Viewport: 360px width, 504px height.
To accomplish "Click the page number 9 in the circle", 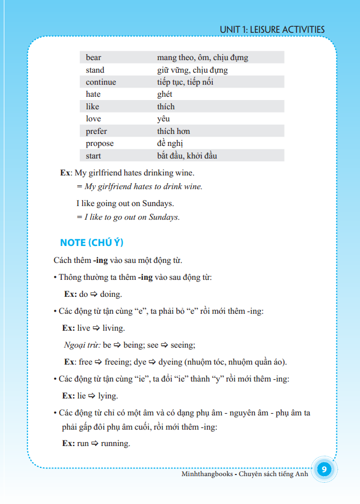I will [x=324, y=470].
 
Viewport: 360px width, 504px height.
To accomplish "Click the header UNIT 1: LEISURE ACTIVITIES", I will [x=272, y=30].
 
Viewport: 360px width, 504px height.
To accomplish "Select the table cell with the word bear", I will [x=94, y=57].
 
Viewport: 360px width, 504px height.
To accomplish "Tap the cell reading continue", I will [x=101, y=82].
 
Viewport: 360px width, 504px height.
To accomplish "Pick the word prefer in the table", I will [x=96, y=131].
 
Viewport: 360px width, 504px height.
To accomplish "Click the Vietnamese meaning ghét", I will [x=165, y=94].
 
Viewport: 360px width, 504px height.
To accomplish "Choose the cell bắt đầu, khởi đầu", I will [x=187, y=156].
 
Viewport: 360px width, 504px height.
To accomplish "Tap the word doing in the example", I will [x=111, y=294].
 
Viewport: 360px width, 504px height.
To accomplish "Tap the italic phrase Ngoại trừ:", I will [x=82, y=345].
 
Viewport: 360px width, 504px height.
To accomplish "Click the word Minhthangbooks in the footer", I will [x=206, y=473].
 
